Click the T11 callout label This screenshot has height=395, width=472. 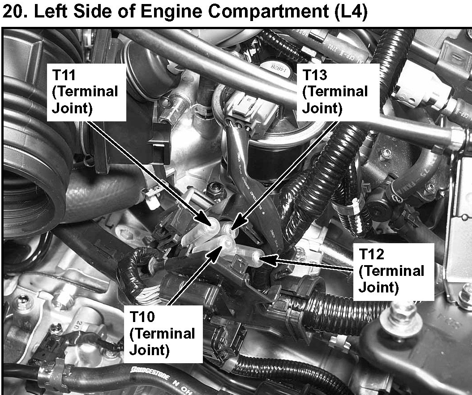86,92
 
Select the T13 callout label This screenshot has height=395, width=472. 338,92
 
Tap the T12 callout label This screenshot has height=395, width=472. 394,271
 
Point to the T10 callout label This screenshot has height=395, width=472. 163,334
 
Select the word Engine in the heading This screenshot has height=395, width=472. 171,13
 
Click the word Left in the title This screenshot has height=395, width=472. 51,12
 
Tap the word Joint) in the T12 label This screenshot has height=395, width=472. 379,288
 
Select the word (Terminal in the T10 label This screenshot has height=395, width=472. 162,334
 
